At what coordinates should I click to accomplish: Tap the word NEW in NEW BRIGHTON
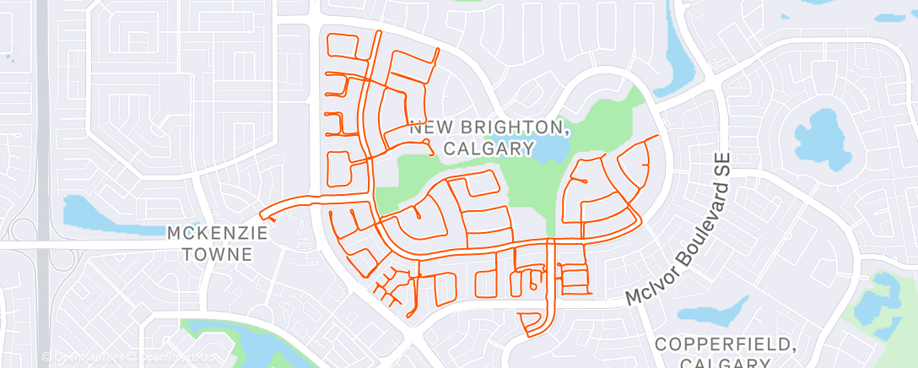click(x=428, y=127)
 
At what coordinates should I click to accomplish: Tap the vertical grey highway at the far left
click(x=43, y=169)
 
